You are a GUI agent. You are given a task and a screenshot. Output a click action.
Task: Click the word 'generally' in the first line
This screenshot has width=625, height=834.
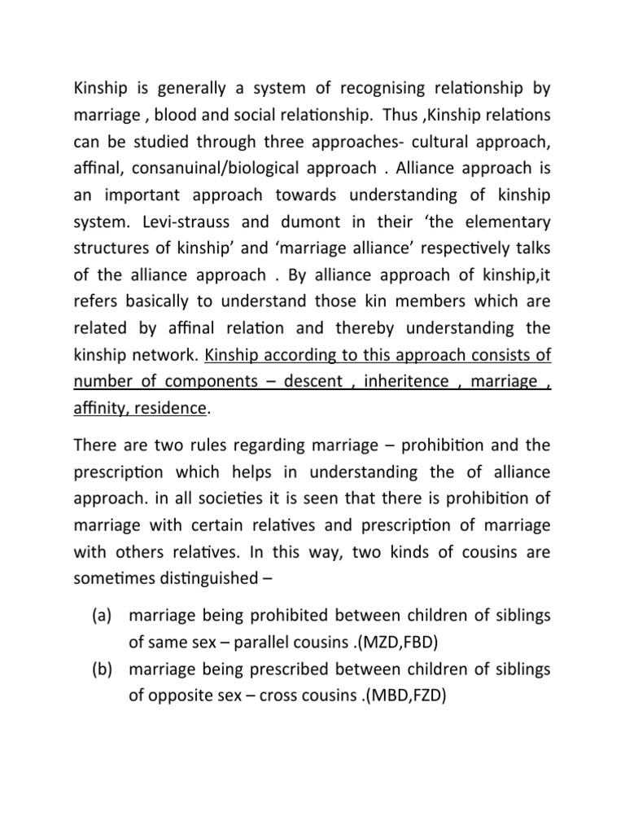point(183,88)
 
